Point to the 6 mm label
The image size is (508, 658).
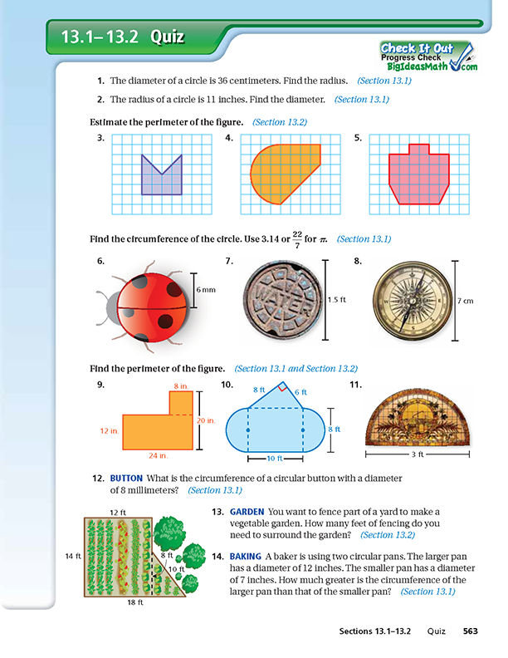click(206, 288)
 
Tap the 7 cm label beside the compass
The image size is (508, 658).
click(466, 300)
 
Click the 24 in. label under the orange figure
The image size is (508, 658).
click(159, 455)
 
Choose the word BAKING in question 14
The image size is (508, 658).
click(245, 555)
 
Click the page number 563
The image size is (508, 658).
click(471, 631)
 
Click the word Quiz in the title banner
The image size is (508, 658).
click(166, 37)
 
